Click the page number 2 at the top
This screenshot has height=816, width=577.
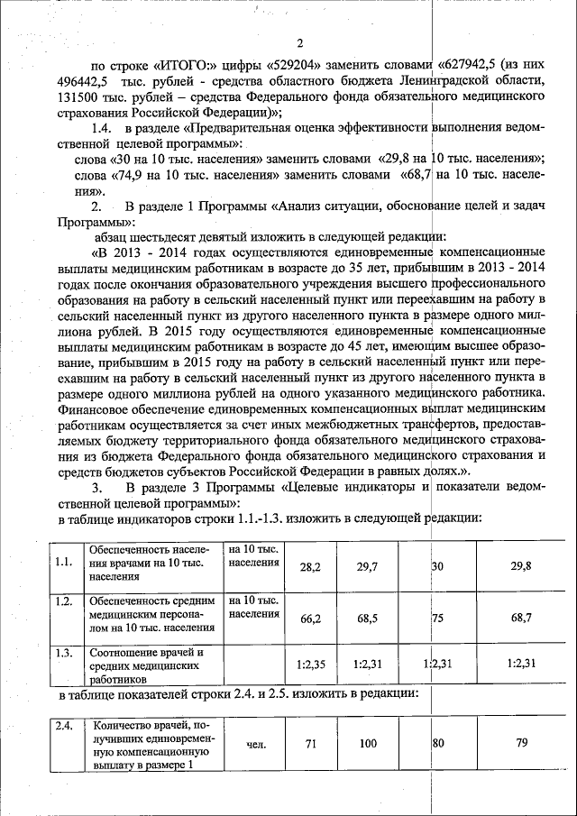point(300,44)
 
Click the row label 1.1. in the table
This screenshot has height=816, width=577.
point(63,563)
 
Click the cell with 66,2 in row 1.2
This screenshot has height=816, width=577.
point(309,618)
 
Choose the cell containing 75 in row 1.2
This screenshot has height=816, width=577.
point(438,618)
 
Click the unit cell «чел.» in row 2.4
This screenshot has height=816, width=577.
point(254,744)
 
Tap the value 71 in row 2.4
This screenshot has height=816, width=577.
point(309,744)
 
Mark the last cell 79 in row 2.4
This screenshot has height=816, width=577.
point(520,744)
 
